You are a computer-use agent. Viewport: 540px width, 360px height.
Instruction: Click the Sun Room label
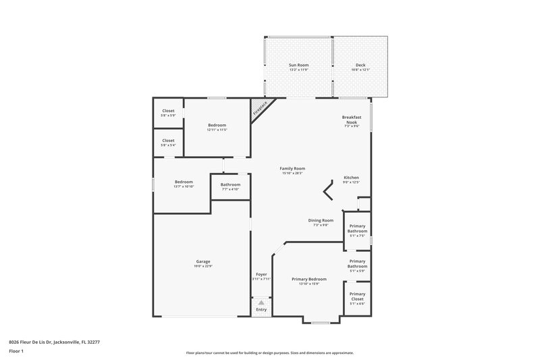click(x=298, y=65)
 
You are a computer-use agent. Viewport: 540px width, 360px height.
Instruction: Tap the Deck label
click(x=360, y=65)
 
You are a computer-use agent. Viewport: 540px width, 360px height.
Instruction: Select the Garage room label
click(x=203, y=261)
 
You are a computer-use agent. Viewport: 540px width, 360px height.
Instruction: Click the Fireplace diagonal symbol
click(x=261, y=109)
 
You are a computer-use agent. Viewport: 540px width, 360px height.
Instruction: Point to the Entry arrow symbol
click(x=261, y=303)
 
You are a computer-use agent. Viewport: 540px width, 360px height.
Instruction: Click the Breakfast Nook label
click(x=351, y=120)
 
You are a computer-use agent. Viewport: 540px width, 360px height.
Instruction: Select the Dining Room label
click(x=321, y=220)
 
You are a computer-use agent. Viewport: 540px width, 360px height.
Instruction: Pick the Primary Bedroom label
click(x=309, y=279)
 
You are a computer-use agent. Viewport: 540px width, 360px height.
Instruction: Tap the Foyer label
click(x=261, y=274)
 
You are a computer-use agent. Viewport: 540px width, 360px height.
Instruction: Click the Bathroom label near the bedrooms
click(x=230, y=184)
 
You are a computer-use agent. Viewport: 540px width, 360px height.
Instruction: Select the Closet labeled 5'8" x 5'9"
click(x=168, y=111)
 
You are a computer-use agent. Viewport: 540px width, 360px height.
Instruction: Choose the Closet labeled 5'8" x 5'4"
click(x=168, y=140)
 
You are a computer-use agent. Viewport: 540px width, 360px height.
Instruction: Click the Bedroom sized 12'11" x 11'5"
click(x=217, y=126)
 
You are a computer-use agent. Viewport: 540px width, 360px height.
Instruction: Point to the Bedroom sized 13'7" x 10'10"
click(x=184, y=182)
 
